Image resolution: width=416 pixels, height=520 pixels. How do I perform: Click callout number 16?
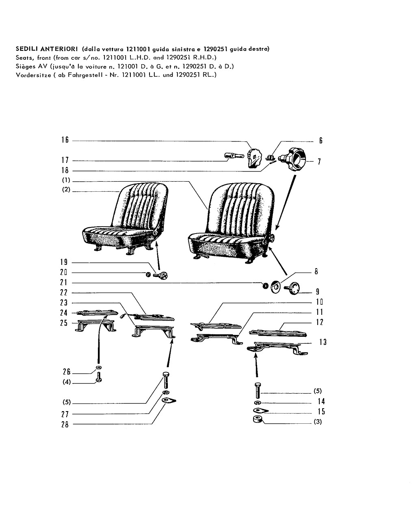[x=65, y=140]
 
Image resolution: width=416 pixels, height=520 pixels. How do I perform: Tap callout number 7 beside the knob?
[x=319, y=161]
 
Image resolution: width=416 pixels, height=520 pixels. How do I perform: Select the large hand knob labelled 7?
[x=292, y=160]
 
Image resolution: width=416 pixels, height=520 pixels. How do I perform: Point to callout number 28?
[x=65, y=425]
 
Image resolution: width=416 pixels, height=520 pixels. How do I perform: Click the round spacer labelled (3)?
[x=258, y=419]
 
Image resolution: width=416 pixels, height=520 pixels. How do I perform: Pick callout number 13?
[x=323, y=342]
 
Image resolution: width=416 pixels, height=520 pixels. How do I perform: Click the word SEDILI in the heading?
[x=27, y=49]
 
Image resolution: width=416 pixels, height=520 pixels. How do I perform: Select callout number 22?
[x=64, y=292]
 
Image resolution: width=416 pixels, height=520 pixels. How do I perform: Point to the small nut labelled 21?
[x=265, y=286]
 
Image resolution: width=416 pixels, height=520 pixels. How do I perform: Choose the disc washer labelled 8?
[x=275, y=287]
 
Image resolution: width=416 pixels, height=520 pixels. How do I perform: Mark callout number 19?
[x=64, y=262]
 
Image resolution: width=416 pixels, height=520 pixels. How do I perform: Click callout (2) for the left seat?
[x=66, y=189]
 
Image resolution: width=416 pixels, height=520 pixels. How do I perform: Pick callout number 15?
[x=321, y=411]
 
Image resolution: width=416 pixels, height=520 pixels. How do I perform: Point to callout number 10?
[x=319, y=302]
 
